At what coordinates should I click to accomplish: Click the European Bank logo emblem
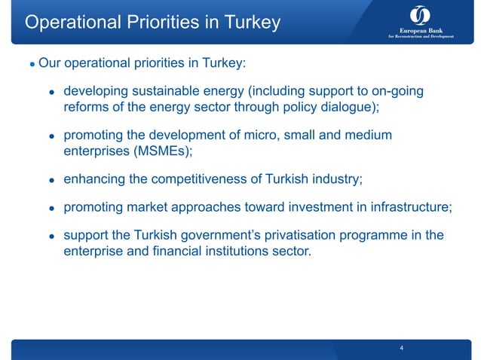click(x=421, y=15)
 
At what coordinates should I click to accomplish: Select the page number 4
click(x=402, y=348)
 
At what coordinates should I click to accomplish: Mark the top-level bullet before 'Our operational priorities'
click(x=32, y=65)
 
